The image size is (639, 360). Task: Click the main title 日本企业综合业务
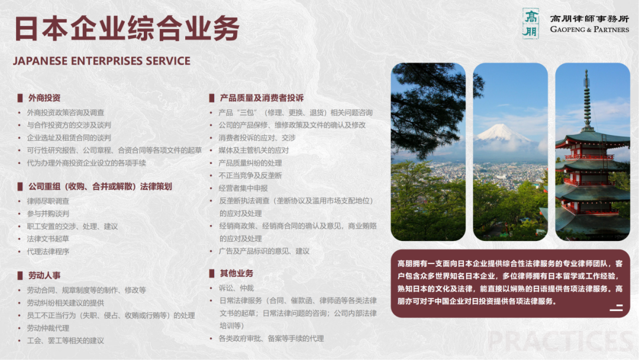tap(127, 28)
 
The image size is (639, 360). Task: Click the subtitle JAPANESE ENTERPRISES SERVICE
tap(102, 61)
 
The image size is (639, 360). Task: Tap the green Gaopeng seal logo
tap(531, 24)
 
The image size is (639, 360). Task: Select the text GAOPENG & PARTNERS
tap(589, 30)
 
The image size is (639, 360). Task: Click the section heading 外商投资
tap(44, 98)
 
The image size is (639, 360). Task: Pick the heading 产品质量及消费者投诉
tap(262, 98)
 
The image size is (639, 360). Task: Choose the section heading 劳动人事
tap(44, 275)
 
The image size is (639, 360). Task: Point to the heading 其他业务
tap(236, 274)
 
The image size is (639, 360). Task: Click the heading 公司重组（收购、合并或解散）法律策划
tap(100, 187)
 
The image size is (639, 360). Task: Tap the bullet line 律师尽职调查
tap(48, 201)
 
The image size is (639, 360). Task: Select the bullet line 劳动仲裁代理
tap(48, 328)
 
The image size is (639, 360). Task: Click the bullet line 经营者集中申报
tap(243, 188)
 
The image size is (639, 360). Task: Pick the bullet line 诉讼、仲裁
tap(236, 288)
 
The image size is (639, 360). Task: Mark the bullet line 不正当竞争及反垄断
tap(250, 176)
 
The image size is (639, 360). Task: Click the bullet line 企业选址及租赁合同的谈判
tap(69, 138)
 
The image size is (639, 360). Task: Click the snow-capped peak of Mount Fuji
tap(501, 131)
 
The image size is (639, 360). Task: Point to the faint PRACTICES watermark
tap(561, 341)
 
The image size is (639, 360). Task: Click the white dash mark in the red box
tap(616, 308)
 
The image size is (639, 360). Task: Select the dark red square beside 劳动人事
tap(20, 275)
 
